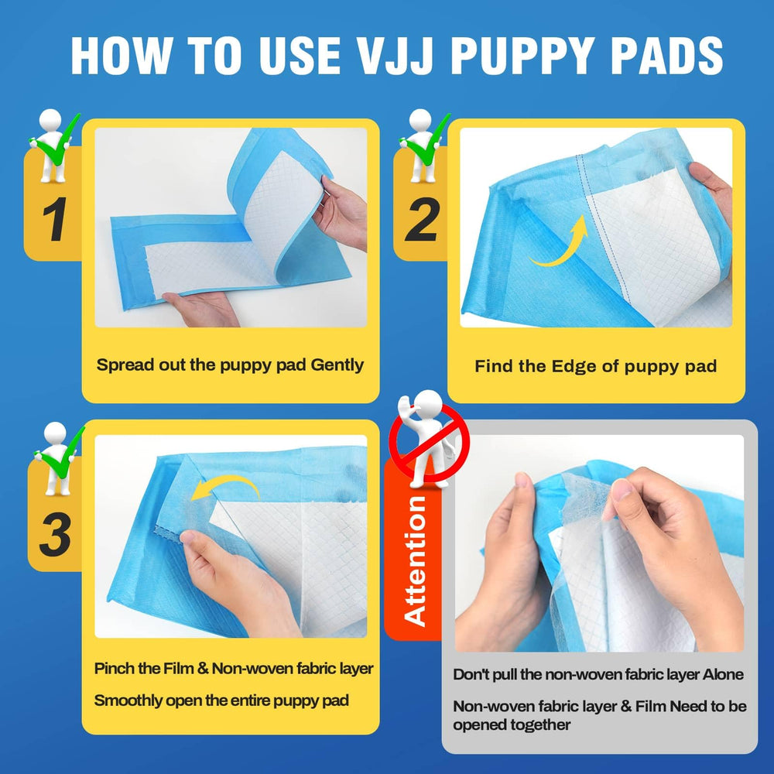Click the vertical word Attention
tap(416, 560)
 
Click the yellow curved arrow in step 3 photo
tap(224, 488)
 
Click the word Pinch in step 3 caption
tap(111, 668)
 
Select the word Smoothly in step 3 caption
tap(128, 700)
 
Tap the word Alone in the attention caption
tap(723, 674)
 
